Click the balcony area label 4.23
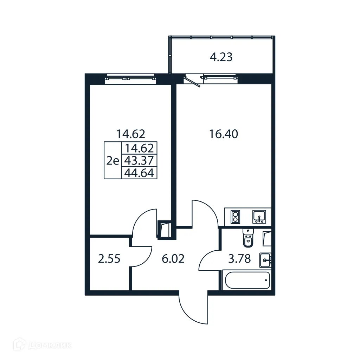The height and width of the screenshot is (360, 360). pos(221,57)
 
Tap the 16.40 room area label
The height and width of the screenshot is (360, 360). pos(224,134)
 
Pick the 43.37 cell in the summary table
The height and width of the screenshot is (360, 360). pos(139,161)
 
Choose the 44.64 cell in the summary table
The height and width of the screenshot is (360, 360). pos(139,173)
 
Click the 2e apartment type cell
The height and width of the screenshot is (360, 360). pos(113,161)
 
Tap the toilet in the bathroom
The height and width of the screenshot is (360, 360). pos(248,238)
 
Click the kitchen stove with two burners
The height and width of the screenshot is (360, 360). pos(235,217)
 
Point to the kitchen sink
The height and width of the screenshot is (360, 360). pos(259,217)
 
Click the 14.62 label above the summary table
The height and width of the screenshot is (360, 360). pos(130,134)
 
